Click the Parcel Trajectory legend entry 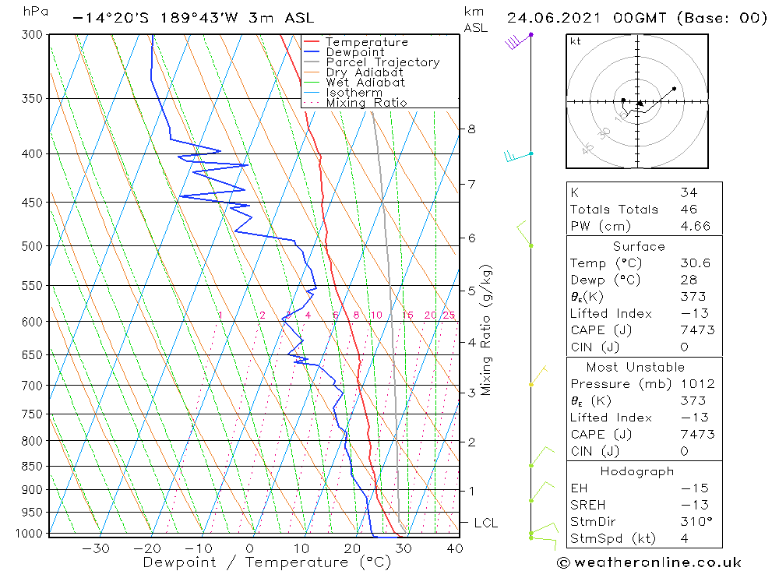tap(382, 62)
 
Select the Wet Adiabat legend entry tap(365, 83)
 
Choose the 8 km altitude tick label tap(471, 129)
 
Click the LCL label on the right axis tap(485, 523)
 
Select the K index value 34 tap(688, 192)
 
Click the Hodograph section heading tap(638, 471)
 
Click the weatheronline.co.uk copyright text tap(649, 562)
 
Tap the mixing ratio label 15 tap(407, 315)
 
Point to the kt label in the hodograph tap(575, 41)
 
